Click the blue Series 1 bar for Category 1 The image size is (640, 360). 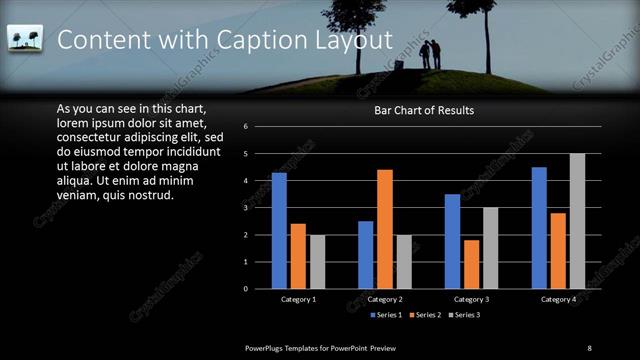(x=279, y=231)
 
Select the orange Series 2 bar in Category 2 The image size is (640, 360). (x=385, y=229)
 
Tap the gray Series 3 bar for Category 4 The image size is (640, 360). (x=577, y=221)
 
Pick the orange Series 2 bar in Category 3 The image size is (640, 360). (x=472, y=264)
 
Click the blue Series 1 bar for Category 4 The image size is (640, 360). (x=539, y=228)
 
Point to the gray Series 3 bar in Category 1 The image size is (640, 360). (x=317, y=262)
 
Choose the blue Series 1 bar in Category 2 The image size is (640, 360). (x=366, y=255)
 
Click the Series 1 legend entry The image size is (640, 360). (x=388, y=316)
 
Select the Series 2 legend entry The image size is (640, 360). (x=425, y=316)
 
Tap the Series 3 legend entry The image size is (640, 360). (x=463, y=316)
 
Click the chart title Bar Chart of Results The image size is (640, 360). (x=424, y=110)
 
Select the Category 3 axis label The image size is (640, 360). (x=471, y=299)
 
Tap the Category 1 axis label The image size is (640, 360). (x=298, y=299)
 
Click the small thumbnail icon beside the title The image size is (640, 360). (x=23, y=38)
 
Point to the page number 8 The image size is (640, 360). (x=589, y=347)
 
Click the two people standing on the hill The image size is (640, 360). (x=430, y=55)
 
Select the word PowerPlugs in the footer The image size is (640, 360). (x=267, y=347)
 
